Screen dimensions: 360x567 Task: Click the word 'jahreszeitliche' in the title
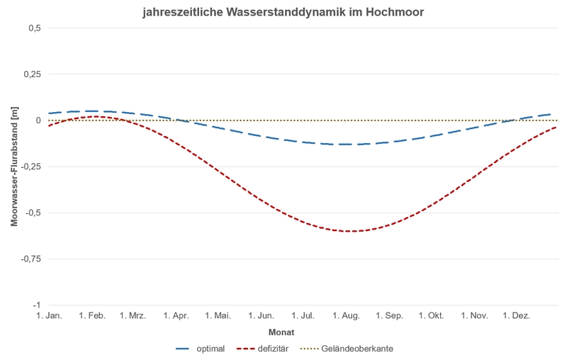pyautogui.click(x=183, y=12)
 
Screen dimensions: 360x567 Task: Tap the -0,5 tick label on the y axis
pyautogui.click(x=33, y=213)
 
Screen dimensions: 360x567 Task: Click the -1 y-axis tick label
pyautogui.click(x=38, y=305)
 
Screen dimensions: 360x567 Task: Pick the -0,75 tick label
pyautogui.click(x=32, y=259)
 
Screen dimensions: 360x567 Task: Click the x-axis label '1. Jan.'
pyautogui.click(x=49, y=316)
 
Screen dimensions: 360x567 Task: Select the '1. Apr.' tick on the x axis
pyautogui.click(x=177, y=316)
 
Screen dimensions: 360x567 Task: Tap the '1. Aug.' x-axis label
pyautogui.click(x=348, y=316)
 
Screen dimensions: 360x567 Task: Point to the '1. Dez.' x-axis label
pyautogui.click(x=517, y=316)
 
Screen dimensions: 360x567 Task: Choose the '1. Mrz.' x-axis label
pyautogui.click(x=134, y=316)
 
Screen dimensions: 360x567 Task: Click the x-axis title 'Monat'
pyautogui.click(x=281, y=332)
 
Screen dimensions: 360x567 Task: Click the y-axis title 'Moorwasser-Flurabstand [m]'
pyautogui.click(x=14, y=167)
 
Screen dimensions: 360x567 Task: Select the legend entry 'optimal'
pyautogui.click(x=210, y=349)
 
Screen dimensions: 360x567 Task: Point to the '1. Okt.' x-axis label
pyautogui.click(x=432, y=316)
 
